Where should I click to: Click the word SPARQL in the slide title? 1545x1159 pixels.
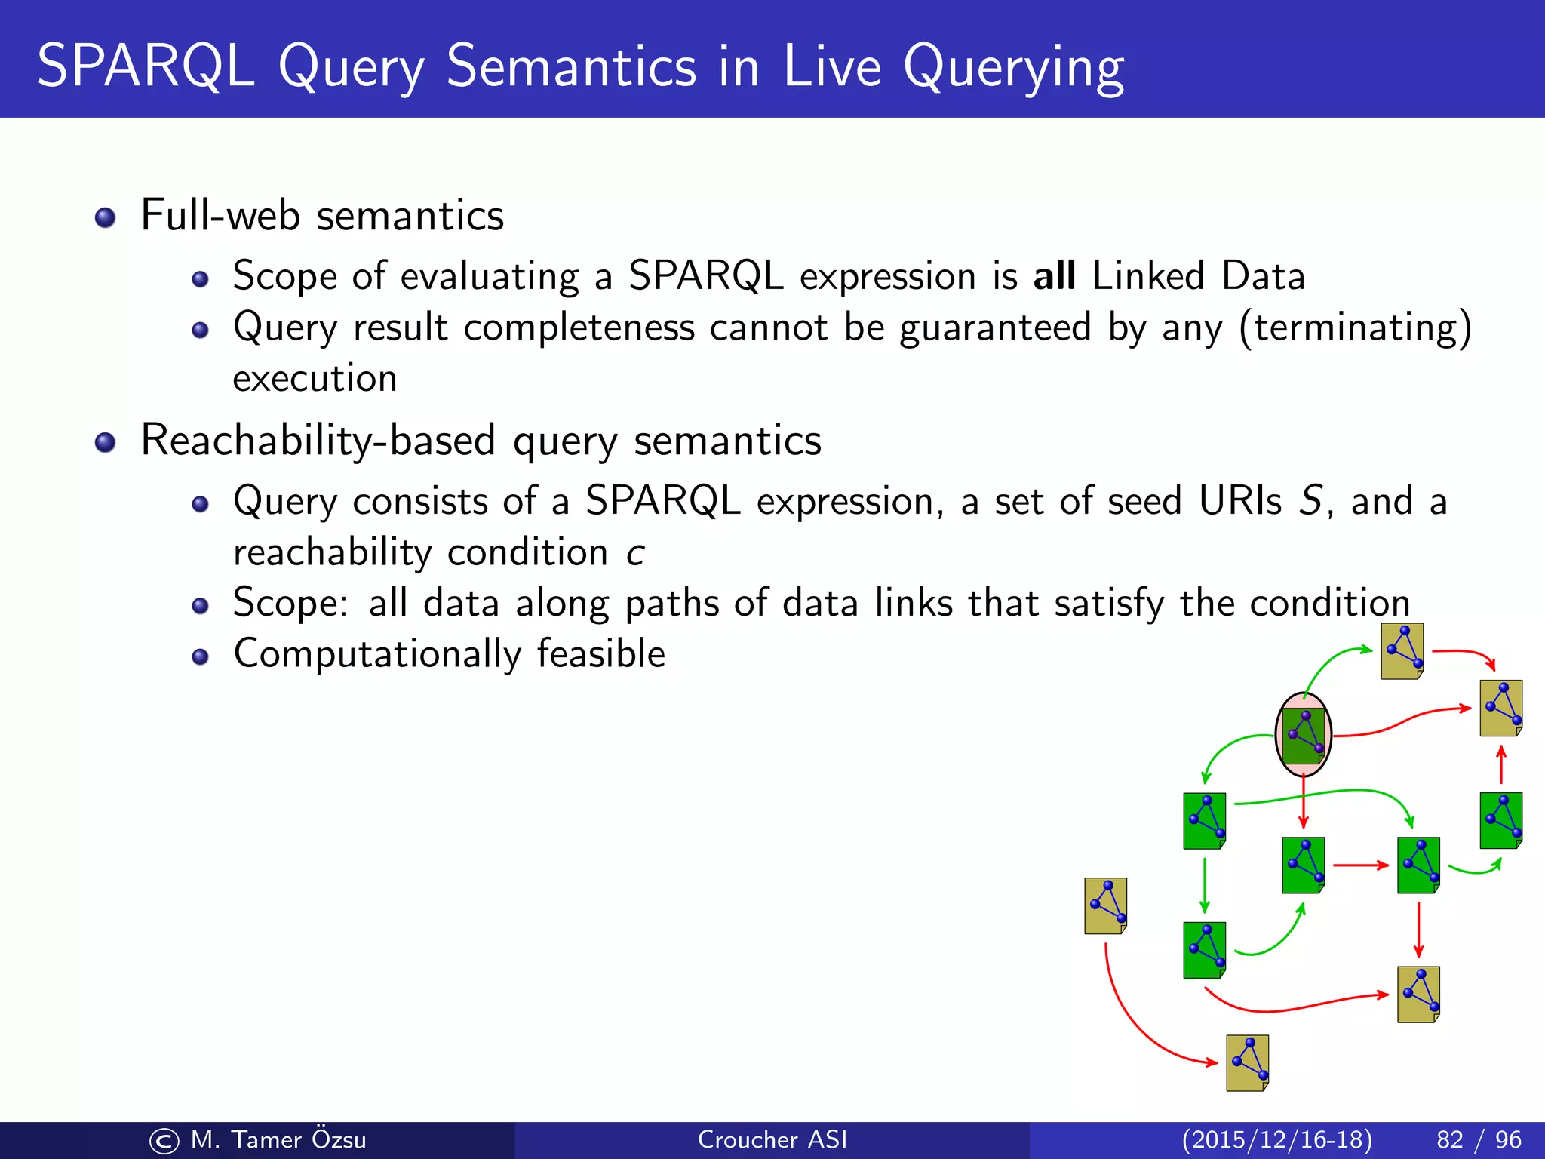(x=145, y=66)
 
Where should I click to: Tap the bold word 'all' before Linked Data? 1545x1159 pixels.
(x=1054, y=276)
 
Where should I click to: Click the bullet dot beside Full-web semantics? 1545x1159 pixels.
(x=105, y=218)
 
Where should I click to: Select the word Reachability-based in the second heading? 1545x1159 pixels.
(x=318, y=441)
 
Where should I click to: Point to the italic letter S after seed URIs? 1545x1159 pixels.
(x=1311, y=501)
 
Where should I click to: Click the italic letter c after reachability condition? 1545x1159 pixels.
(x=635, y=553)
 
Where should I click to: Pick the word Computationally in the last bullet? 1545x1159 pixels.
(x=377, y=654)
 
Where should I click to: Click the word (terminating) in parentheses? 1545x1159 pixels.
(x=1355, y=328)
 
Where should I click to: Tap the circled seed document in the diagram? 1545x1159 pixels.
(x=1303, y=735)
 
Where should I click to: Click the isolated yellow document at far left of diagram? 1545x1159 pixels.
(x=1106, y=905)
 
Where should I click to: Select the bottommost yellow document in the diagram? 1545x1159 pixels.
(x=1247, y=1063)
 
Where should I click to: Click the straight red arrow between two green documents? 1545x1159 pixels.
(x=1360, y=865)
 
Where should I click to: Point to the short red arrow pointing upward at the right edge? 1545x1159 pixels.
(x=1501, y=765)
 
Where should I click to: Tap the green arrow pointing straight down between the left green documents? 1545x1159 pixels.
(x=1205, y=885)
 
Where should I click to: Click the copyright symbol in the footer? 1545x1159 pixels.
(x=164, y=1140)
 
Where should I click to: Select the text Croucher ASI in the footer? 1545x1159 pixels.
(x=772, y=1139)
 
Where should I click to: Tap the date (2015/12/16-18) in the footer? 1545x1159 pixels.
(x=1276, y=1139)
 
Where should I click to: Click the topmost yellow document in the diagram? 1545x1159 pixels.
(x=1402, y=651)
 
